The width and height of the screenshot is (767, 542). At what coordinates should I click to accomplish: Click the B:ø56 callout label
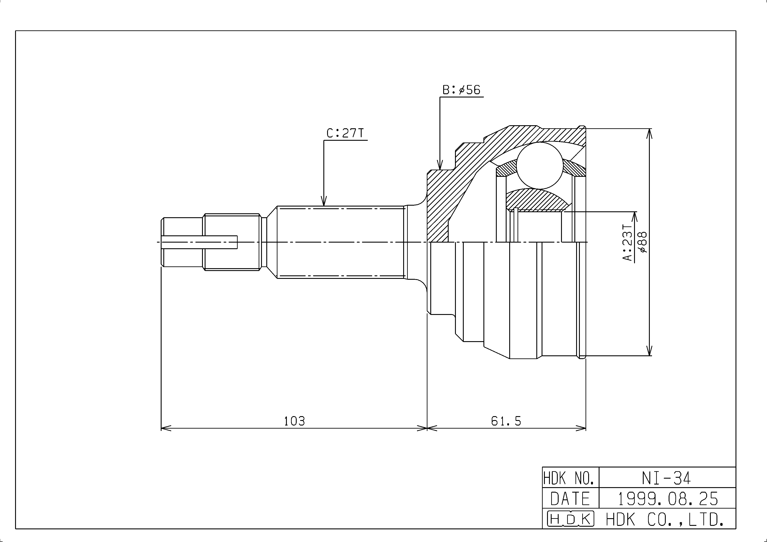tap(461, 90)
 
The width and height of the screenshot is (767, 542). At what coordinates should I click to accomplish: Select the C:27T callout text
tap(345, 133)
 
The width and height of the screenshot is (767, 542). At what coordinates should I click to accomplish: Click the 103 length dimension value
tap(294, 421)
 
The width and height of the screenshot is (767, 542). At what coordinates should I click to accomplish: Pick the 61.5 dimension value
tap(506, 421)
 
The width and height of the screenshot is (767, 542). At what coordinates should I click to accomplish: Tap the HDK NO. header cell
tap(571, 478)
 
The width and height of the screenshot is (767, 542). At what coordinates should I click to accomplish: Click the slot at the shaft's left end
tap(199, 242)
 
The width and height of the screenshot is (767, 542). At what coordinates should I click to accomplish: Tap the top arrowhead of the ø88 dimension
tap(649, 134)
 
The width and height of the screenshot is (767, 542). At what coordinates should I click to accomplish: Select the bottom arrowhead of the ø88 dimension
tap(649, 350)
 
